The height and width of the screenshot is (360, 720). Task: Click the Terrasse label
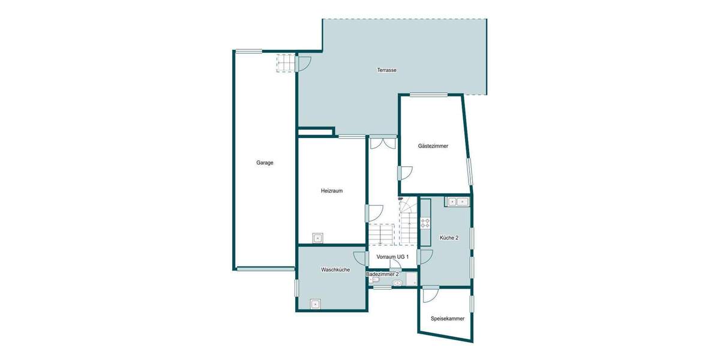coord(386,70)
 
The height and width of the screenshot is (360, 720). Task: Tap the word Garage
coord(265,163)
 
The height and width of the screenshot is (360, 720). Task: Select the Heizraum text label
coord(331,191)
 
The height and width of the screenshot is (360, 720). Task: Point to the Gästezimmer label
coord(433,146)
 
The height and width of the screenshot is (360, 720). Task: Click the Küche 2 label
coord(449,238)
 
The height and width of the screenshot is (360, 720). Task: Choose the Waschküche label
coord(335,270)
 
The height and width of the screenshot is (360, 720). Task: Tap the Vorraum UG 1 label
coord(392,257)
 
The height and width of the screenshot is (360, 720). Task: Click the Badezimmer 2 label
coord(382,274)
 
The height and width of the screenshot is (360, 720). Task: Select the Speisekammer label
coord(447,319)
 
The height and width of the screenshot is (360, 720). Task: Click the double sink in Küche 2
coord(457,202)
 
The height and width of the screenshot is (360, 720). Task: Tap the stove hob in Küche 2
coord(425,223)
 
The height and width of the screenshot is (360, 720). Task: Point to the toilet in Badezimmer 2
coord(376,280)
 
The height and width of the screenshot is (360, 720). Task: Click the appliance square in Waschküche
coord(315,304)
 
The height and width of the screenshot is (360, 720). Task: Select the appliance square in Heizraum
coord(317,238)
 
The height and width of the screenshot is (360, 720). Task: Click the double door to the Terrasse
coord(382,143)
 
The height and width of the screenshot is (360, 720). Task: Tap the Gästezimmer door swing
coord(406,173)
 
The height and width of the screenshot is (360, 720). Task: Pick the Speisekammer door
coord(430,294)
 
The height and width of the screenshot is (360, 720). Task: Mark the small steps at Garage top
coord(286,63)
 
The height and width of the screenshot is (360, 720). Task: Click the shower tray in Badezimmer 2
coord(411,279)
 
